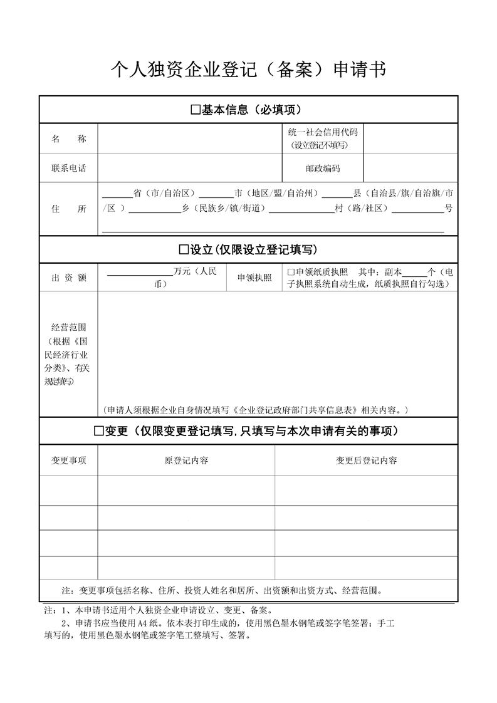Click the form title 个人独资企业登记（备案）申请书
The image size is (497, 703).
(x=248, y=70)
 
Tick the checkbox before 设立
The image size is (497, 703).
(x=184, y=250)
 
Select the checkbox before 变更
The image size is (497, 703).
(x=98, y=431)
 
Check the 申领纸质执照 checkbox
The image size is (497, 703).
(x=290, y=273)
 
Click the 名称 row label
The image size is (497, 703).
(x=69, y=139)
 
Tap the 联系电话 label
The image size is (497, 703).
(x=69, y=169)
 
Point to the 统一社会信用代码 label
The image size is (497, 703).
(x=322, y=132)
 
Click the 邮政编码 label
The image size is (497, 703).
(x=322, y=169)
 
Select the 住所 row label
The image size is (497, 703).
(x=69, y=209)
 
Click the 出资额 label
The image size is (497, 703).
(x=69, y=278)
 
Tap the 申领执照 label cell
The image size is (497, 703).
(x=254, y=278)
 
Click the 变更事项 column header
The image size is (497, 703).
(x=69, y=461)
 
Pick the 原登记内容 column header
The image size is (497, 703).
(x=186, y=461)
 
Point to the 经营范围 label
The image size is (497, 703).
(x=69, y=327)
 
